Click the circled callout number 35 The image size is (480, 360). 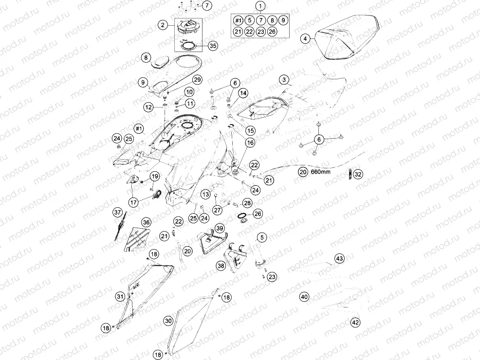[213, 46]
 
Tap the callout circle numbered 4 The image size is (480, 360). [305, 39]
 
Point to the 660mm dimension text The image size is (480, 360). [320, 172]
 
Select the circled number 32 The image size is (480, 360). [358, 174]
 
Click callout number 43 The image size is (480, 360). [339, 258]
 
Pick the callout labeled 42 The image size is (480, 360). [355, 323]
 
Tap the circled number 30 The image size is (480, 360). [168, 321]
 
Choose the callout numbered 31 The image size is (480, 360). [120, 296]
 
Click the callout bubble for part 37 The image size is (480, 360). [118, 212]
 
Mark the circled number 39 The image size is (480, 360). [220, 228]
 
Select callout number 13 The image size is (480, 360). [206, 194]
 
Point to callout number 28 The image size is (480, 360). [247, 203]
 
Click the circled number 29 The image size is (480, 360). [197, 80]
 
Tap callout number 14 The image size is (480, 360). [243, 93]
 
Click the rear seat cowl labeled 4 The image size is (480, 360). [348, 40]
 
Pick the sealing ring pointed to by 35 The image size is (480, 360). [189, 46]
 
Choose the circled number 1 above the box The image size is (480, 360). [260, 6]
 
